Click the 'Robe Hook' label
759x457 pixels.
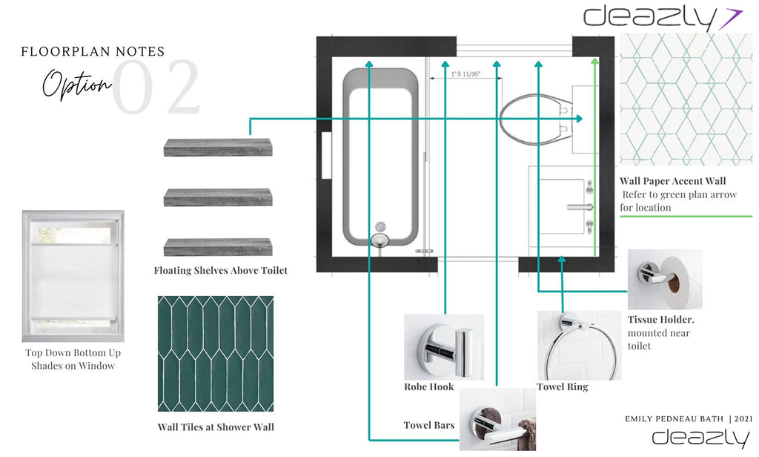(428, 387)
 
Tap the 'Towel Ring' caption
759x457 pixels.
(562, 387)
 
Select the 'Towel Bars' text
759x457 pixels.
(428, 425)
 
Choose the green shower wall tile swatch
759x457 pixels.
(216, 354)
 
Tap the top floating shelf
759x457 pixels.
(217, 147)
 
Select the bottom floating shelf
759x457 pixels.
(217, 247)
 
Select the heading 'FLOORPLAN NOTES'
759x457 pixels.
(93, 52)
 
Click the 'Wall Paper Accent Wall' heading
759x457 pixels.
(673, 181)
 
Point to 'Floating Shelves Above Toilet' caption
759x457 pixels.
(220, 271)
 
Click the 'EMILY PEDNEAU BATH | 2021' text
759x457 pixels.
(689, 419)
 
